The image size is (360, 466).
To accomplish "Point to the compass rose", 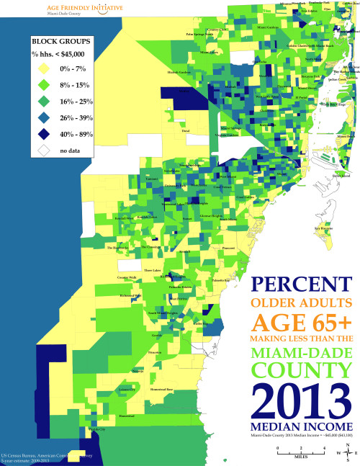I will point(348,454).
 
